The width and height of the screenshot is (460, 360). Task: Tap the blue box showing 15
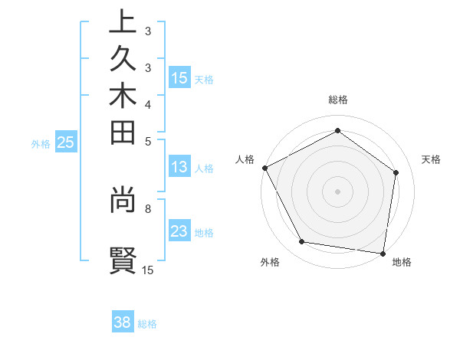(179, 77)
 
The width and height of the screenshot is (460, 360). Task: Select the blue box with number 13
(179, 167)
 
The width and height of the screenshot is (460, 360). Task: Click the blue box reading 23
(179, 231)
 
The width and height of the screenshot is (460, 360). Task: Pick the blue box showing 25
(66, 142)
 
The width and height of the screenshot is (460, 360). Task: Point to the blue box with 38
(123, 322)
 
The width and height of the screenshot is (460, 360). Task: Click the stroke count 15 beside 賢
(148, 270)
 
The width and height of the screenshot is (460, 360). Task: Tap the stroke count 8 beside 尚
(148, 207)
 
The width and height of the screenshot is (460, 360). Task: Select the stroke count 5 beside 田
(148, 141)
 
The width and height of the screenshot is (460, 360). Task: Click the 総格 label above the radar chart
(338, 100)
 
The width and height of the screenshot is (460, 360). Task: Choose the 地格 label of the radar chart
(402, 263)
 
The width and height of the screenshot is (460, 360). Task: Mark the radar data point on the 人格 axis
(264, 167)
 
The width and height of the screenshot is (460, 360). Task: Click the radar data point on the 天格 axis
(396, 172)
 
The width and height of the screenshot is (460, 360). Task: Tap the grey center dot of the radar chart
(338, 191)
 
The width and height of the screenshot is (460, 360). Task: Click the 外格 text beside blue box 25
(41, 143)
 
